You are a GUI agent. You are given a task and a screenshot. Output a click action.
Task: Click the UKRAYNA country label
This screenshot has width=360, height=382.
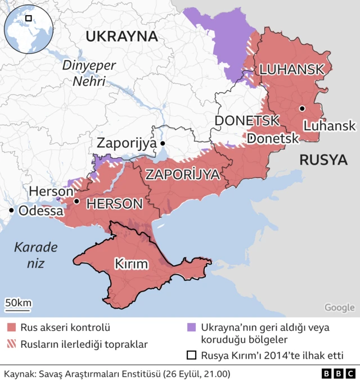[120, 37]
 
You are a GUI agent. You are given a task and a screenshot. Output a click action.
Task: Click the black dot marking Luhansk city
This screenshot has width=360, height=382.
[302, 108]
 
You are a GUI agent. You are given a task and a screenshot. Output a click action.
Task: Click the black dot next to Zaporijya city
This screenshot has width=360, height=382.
[163, 144]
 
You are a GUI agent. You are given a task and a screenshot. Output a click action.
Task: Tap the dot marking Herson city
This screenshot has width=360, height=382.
[76, 201]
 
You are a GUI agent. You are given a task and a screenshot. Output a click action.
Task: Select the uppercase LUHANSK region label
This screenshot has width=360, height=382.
[291, 70]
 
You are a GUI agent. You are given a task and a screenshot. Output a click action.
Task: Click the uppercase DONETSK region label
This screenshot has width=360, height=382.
[247, 121]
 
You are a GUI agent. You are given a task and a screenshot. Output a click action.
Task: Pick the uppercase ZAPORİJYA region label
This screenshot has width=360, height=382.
[182, 175]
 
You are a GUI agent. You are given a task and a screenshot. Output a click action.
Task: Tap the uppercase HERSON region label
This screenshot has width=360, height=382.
[114, 204]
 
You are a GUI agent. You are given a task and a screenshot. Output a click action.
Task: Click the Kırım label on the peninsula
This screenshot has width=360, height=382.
[131, 263]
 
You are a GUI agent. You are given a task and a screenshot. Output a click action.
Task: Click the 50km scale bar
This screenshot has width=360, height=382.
[19, 304]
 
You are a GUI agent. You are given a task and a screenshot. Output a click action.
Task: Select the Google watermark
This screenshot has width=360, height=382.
[339, 307]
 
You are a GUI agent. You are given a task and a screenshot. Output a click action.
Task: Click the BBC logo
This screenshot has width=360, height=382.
[337, 374]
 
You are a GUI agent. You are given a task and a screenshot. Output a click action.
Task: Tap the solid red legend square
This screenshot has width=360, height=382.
[11, 328]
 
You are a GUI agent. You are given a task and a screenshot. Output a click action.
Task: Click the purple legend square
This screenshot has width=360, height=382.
[191, 328]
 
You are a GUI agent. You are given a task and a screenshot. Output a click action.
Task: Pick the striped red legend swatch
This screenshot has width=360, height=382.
[11, 344]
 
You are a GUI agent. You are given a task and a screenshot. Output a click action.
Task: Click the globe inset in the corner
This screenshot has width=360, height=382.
[28, 28]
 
